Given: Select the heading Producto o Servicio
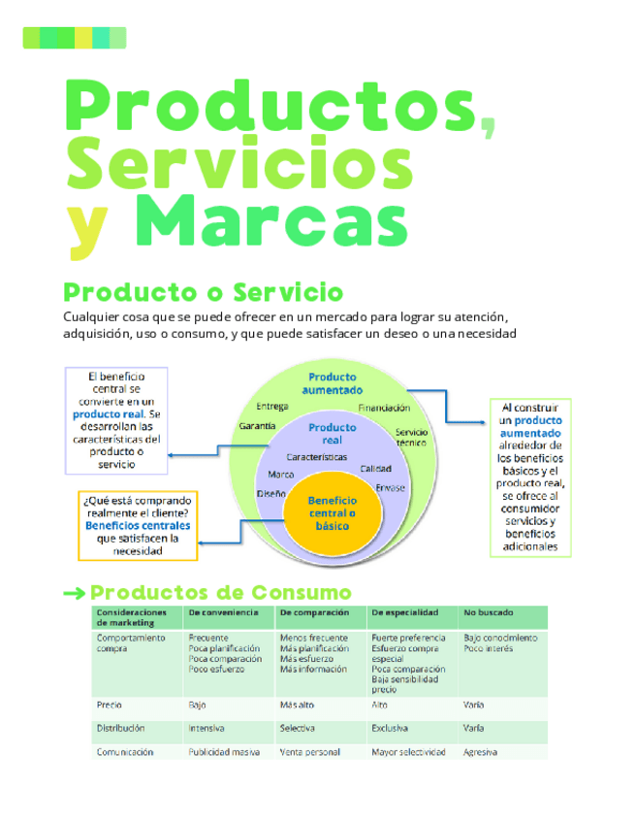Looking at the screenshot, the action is pos(203,292).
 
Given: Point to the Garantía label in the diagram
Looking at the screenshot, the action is pos(257,426).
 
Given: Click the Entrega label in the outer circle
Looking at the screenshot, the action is pos(272,406).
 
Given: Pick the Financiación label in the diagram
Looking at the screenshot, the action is pos(384,408).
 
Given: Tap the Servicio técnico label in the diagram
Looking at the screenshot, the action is pos(411,437).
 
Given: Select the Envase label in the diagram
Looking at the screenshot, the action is pos(390,487).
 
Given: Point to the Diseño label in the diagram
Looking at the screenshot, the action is pos(271,493).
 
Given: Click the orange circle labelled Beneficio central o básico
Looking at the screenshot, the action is pos(332,513).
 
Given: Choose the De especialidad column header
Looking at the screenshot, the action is pos(404,612).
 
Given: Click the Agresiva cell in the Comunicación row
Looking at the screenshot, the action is pos(481,752).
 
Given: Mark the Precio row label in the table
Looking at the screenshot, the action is pos(110,705).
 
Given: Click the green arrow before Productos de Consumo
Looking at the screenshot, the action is pos(73,593).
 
